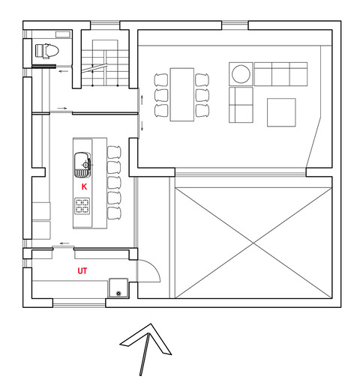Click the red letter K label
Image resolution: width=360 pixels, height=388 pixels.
coord(84,187)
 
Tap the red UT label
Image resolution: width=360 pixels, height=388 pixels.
coord(82,271)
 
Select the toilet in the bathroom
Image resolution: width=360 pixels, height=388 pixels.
coord(46,51)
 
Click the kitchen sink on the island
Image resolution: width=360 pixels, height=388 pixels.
coord(82,165)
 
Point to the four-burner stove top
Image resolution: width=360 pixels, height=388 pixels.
coord(82,206)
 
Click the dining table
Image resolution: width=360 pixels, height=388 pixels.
coord(182,94)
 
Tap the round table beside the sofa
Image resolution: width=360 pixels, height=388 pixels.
coord(241,74)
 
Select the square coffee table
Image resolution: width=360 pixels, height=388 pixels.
coord(281,112)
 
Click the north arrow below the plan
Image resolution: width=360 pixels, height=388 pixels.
coord(146,350)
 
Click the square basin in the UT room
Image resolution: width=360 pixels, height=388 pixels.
coord(118,288)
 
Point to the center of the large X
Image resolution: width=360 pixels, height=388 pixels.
coord(253,243)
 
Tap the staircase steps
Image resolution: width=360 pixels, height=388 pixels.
coord(105,68)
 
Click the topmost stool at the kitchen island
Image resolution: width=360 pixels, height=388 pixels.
coord(114,152)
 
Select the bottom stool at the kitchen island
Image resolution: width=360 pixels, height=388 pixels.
coord(114,213)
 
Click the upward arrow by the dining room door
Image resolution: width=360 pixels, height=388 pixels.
coord(142,100)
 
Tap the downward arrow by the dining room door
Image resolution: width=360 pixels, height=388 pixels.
coord(142,126)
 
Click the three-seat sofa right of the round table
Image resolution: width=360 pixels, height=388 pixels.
coord(280,74)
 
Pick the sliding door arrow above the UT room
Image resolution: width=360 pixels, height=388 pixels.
coord(64,243)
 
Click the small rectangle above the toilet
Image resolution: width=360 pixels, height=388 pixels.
coord(63,34)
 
